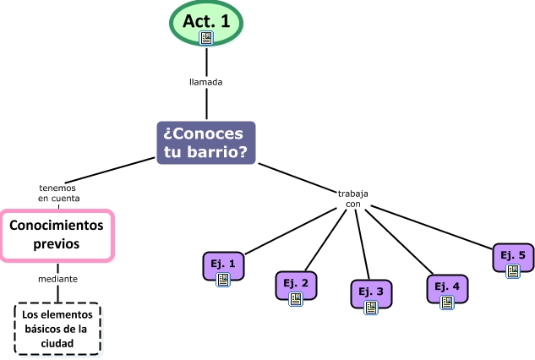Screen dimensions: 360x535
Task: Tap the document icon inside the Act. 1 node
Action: point(206,38)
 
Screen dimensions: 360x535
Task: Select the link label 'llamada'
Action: point(206,83)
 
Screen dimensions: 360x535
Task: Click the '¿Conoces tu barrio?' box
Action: point(206,142)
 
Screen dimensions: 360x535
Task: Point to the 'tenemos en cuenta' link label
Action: point(58,194)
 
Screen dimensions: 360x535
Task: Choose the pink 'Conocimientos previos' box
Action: point(57,234)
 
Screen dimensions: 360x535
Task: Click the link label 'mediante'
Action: point(57,278)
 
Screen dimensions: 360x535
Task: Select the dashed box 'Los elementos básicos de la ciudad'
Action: point(57,329)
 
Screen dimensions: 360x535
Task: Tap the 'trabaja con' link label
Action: point(353,199)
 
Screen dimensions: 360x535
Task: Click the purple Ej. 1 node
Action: point(224,265)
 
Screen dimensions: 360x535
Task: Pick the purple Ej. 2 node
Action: point(296,286)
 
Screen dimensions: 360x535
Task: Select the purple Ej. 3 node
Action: point(370,294)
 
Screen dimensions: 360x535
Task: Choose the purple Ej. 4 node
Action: point(447,288)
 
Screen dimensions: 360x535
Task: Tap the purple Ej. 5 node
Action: point(513,258)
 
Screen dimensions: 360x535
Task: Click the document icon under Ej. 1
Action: point(224,279)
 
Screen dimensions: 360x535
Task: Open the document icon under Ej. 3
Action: point(370,308)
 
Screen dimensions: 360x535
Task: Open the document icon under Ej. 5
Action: point(513,271)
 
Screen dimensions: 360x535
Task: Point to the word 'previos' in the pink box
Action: point(57,243)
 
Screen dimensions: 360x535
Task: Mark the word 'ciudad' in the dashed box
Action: point(57,343)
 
